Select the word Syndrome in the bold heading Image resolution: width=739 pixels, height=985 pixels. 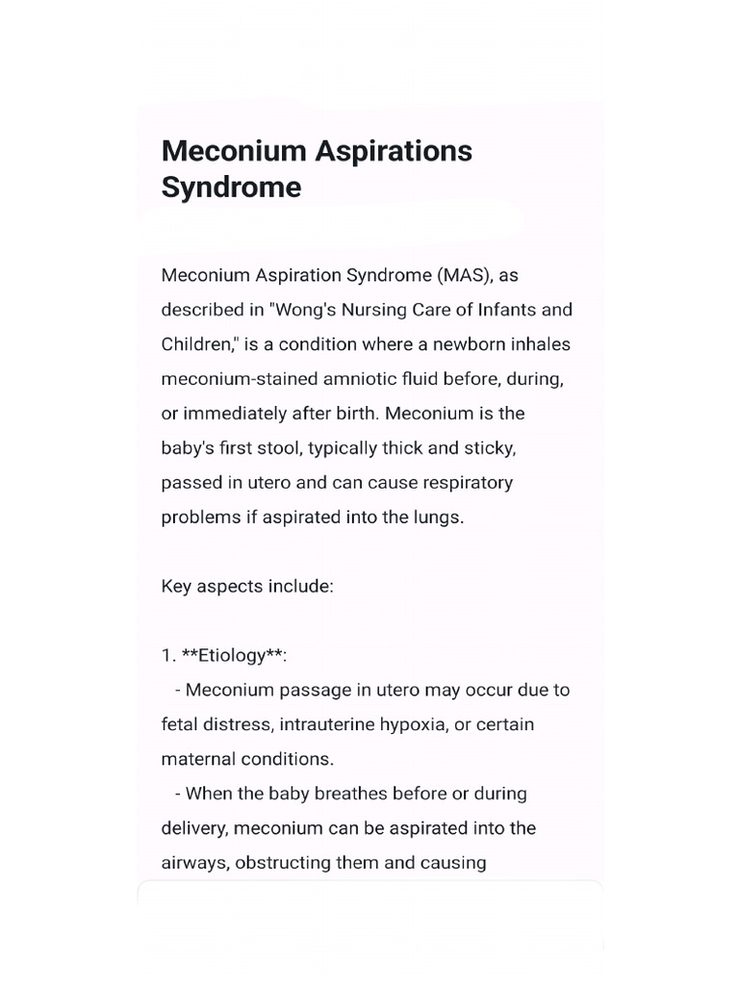(x=231, y=187)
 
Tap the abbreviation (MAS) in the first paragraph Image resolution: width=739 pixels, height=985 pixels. (x=466, y=275)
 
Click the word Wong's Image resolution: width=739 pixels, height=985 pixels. (x=309, y=310)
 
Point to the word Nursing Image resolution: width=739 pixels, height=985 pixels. (x=382, y=310)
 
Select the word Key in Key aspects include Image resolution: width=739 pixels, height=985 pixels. (x=177, y=586)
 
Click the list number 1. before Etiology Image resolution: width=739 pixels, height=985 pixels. (x=168, y=655)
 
